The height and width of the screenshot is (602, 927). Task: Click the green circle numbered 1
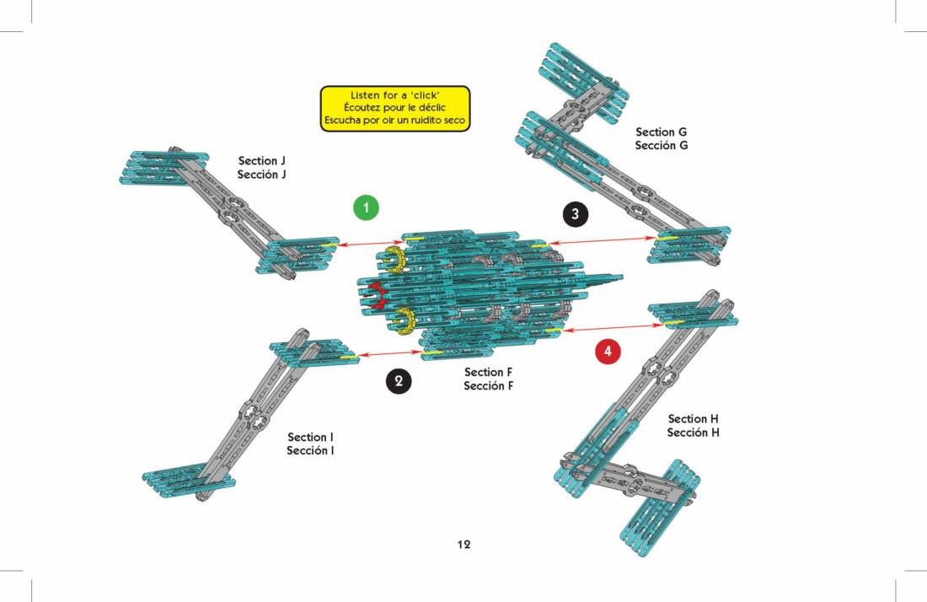pos(366,207)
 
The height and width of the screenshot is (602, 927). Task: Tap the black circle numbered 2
pos(399,381)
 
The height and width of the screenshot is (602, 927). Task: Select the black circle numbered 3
pos(575,214)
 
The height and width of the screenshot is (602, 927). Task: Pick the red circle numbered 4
pos(608,351)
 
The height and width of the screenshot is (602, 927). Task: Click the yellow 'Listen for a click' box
pos(394,109)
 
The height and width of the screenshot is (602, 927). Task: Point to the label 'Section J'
pos(262,160)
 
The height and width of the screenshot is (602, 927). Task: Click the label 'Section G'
pos(662,132)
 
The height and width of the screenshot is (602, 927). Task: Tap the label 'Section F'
pos(488,372)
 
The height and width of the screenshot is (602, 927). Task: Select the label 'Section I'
pos(310,437)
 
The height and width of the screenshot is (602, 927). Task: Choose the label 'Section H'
pos(694,419)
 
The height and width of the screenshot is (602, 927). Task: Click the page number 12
pos(463,545)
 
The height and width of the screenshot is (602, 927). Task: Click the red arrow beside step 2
pos(390,355)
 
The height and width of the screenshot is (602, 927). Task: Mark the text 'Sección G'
pos(662,146)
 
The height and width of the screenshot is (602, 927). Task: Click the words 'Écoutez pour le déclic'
pos(394,108)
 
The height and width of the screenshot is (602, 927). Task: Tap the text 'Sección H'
pos(694,433)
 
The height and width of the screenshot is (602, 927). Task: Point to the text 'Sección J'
pos(262,175)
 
